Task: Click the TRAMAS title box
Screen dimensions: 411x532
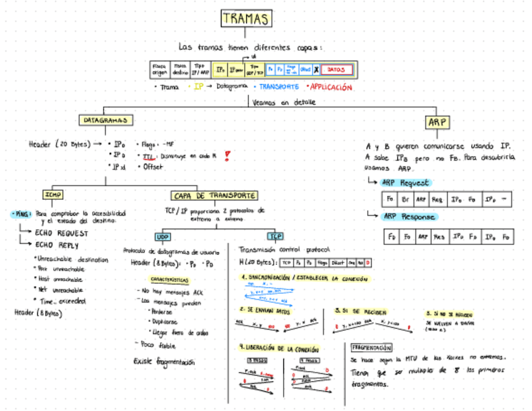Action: (247, 19)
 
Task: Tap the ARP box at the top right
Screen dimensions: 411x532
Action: (439, 122)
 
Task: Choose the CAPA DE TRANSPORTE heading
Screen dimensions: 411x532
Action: (214, 195)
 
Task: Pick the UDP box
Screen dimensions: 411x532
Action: (162, 237)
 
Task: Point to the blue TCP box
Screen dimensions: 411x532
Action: (275, 237)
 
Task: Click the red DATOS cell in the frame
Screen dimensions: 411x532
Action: (337, 70)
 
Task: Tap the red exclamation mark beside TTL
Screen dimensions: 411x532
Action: (226, 156)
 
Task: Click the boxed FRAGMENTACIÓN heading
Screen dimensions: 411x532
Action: (371, 347)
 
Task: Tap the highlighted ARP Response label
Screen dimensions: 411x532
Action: (408, 216)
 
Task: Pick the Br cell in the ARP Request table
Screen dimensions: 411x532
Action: (405, 199)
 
